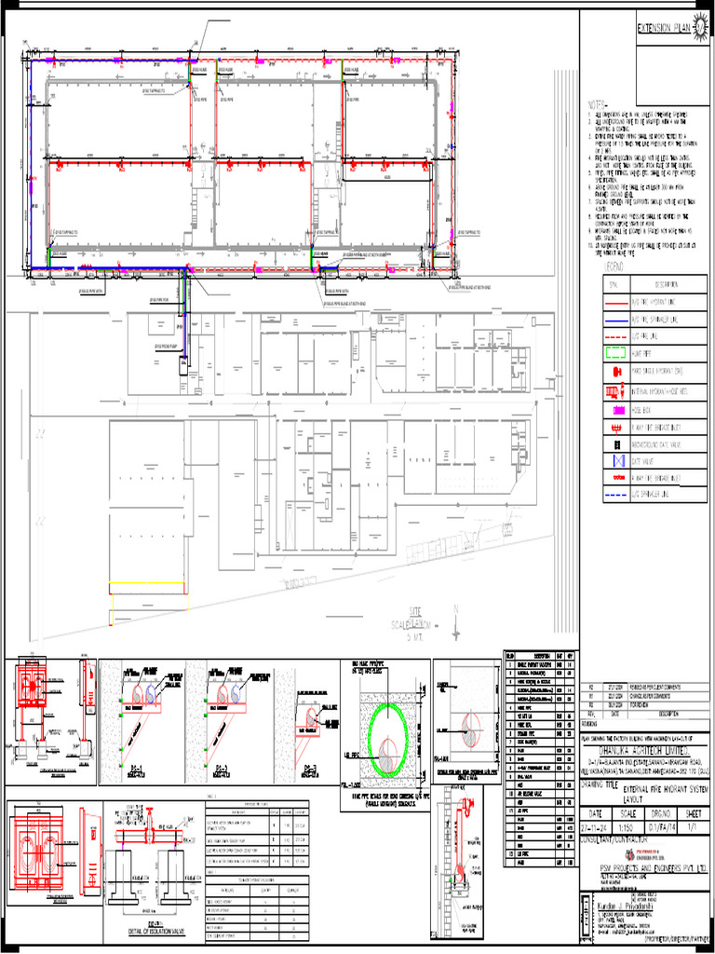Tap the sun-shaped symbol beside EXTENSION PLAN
point(700,28)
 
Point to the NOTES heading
point(598,103)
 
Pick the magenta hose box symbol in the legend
point(615,410)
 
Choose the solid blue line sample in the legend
point(615,319)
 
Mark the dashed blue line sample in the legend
point(615,494)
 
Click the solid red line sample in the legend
point(615,302)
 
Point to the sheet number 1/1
point(693,825)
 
